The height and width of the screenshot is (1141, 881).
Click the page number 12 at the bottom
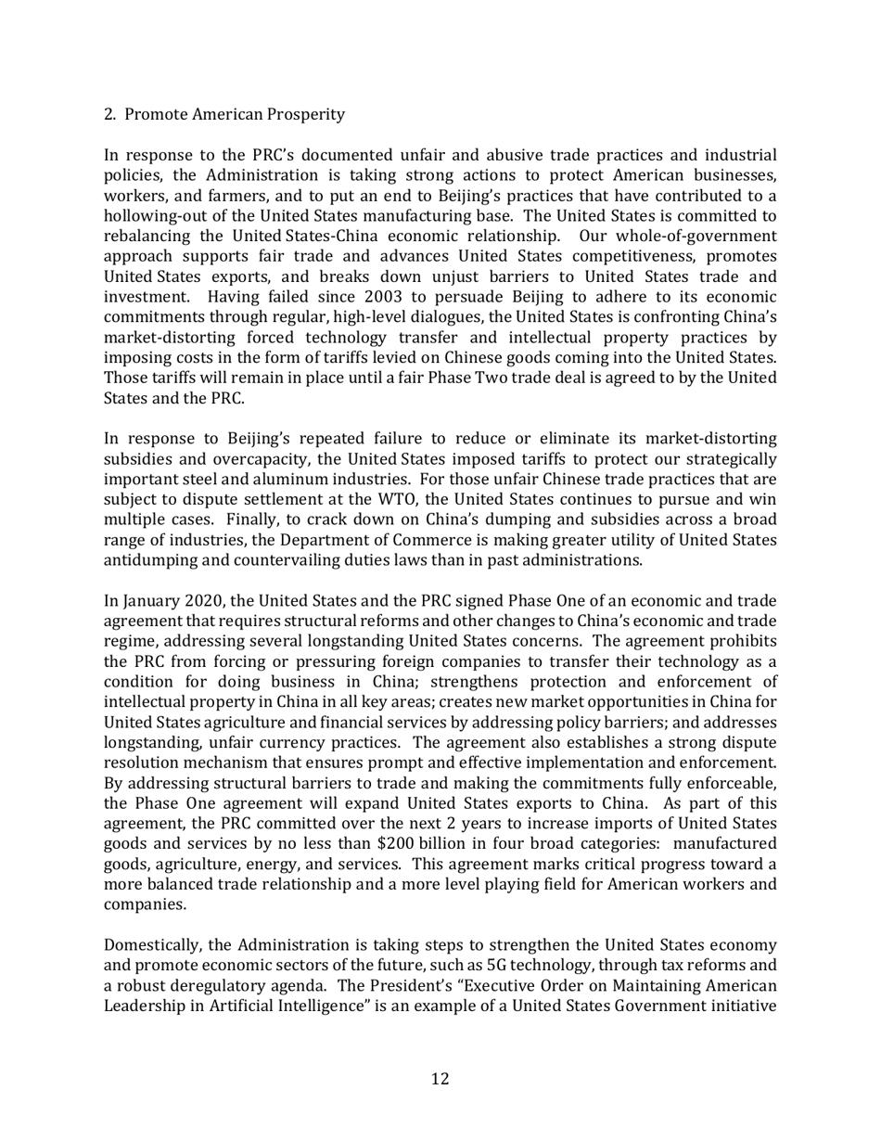440,1079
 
